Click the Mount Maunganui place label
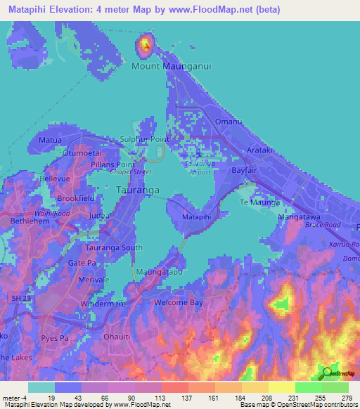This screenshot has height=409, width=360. (172, 66)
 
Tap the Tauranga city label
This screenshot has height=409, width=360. (136, 190)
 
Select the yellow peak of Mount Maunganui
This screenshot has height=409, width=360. (145, 46)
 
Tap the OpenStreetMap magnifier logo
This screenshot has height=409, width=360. (326, 373)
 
